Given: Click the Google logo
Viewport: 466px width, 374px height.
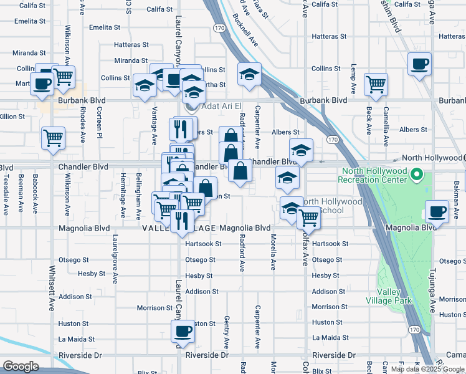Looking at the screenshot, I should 21,367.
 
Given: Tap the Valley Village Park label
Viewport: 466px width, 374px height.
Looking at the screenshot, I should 395,296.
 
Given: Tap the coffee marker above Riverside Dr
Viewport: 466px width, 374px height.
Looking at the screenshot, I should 183,331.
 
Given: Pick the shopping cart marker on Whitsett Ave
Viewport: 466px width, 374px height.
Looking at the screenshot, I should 53,138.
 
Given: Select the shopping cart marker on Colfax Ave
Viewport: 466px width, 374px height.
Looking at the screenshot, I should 308,218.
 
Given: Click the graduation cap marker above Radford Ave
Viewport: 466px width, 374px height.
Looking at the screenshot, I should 249,75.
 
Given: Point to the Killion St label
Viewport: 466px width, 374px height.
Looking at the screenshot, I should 12,117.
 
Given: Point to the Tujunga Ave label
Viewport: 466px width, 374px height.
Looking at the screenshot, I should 430,290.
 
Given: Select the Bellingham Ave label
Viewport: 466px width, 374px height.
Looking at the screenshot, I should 139,196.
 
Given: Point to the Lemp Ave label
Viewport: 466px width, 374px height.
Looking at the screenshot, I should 353,79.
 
